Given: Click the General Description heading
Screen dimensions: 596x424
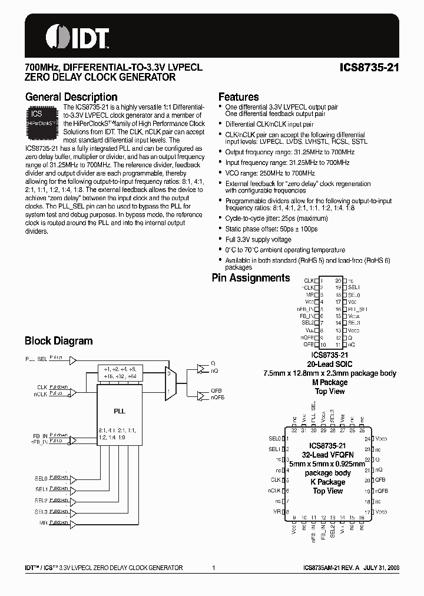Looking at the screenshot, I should click(71, 97).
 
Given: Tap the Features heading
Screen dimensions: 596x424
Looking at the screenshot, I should click(238, 97).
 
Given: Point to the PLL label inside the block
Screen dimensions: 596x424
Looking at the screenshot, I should click(120, 410).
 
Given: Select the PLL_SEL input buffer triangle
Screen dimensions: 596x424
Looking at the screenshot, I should click(73, 359).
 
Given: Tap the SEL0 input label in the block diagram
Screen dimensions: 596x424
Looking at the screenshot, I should click(41, 478).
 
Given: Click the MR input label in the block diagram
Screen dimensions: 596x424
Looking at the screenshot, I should click(44, 523).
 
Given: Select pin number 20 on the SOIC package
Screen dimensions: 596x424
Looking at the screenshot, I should click(338, 281).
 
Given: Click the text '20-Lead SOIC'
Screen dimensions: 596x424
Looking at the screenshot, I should click(330, 365).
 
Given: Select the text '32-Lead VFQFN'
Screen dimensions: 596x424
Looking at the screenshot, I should click(328, 455).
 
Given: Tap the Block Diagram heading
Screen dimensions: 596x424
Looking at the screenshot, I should click(58, 341).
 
